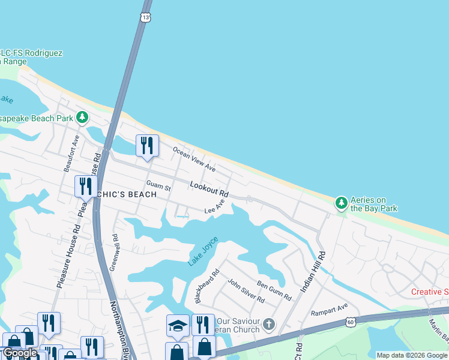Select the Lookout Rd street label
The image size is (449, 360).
[209, 190]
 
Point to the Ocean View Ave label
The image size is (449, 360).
[194, 158]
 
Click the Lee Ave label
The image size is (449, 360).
[214, 208]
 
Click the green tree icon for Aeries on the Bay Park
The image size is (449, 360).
[341, 203]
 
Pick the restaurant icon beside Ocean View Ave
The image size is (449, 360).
[146, 145]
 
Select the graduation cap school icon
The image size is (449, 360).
[178, 325]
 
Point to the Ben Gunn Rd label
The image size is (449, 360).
[274, 290]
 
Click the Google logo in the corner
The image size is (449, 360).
[20, 353]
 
